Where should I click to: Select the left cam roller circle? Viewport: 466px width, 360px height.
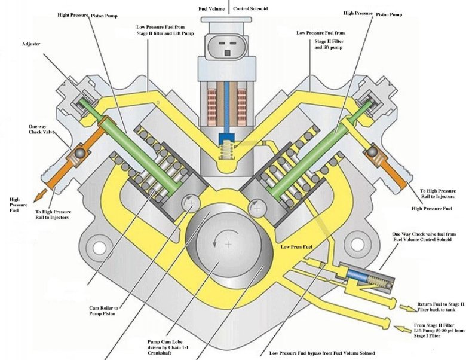click(189, 205)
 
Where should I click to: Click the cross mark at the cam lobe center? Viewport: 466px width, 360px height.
click(228, 245)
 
